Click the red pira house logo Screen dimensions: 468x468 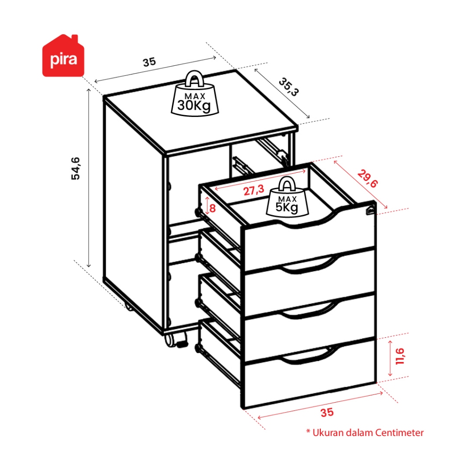[x=63, y=56]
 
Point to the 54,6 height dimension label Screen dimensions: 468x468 [x=75, y=168]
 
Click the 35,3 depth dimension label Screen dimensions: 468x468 [x=289, y=87]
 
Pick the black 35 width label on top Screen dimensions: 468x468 [x=149, y=62]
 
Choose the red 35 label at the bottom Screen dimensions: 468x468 [x=327, y=413]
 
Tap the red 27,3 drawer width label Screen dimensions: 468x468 [x=254, y=190]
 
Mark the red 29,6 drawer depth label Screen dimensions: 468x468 [x=367, y=179]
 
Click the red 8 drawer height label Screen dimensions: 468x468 [x=213, y=208]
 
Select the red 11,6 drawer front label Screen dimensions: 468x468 [x=399, y=356]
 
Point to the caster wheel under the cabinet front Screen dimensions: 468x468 [x=174, y=340]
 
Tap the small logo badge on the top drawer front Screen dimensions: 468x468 [x=370, y=210]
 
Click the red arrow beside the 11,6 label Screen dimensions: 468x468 [x=390, y=358]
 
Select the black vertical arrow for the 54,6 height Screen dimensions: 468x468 [x=89, y=178]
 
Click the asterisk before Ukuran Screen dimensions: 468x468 [x=308, y=431]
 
